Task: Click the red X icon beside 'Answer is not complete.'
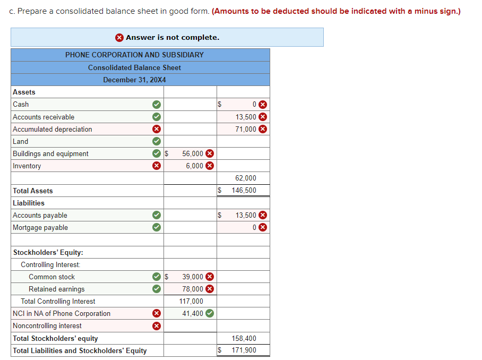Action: pyautogui.click(x=119, y=37)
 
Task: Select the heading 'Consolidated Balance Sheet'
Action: pyautogui.click(x=134, y=67)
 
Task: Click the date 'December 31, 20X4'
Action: pyautogui.click(x=134, y=80)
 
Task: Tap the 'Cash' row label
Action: pyautogui.click(x=21, y=105)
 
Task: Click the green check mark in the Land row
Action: pyautogui.click(x=156, y=141)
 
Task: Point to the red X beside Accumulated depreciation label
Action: pyautogui.click(x=156, y=129)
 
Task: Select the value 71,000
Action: pyautogui.click(x=246, y=129)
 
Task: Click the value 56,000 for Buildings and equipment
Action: pyautogui.click(x=192, y=153)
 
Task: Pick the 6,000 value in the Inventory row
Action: pyautogui.click(x=194, y=166)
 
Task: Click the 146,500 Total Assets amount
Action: pyautogui.click(x=244, y=190)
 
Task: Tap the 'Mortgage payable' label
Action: pyautogui.click(x=40, y=228)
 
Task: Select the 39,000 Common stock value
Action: pyautogui.click(x=192, y=277)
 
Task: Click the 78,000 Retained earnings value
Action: pyautogui.click(x=192, y=289)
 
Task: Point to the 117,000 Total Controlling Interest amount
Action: pyautogui.click(x=191, y=301)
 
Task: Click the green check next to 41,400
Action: pyautogui.click(x=210, y=313)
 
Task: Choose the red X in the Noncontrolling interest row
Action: pyautogui.click(x=156, y=325)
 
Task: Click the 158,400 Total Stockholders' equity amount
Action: pyautogui.click(x=244, y=338)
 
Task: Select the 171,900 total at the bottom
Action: pyautogui.click(x=244, y=350)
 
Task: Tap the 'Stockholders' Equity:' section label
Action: pyautogui.click(x=48, y=253)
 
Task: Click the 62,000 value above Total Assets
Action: pyautogui.click(x=246, y=178)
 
